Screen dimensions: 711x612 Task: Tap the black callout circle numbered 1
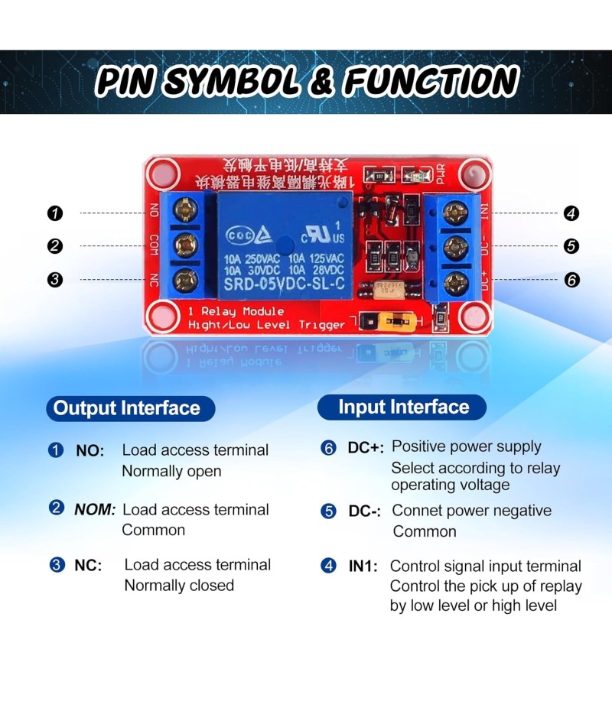54,213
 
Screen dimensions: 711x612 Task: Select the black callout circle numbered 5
571,246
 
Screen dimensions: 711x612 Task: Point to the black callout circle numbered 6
571,280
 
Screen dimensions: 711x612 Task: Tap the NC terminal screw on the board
184,279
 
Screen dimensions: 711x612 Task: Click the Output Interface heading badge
127,408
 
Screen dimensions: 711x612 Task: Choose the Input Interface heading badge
403,407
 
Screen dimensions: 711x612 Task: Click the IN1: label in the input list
364,567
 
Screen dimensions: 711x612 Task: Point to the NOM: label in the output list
95,510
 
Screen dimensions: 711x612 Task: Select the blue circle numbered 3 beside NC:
57,566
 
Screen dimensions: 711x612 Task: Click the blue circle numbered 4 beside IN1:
328,567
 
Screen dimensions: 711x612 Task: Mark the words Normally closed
179,586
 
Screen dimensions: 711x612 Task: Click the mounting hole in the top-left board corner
161,174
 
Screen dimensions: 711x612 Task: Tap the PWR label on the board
440,177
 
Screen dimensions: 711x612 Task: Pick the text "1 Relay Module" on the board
236,312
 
